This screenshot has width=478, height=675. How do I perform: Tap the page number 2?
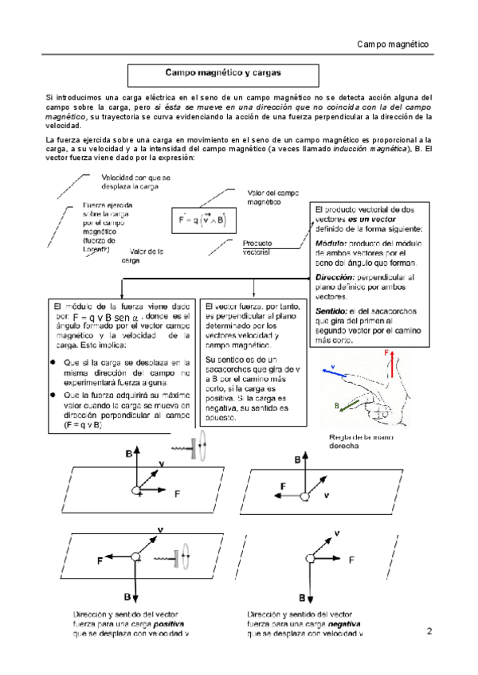pyautogui.click(x=429, y=632)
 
